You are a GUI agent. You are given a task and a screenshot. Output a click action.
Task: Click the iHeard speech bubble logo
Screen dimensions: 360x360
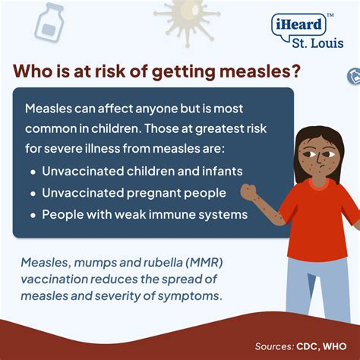point(298,24)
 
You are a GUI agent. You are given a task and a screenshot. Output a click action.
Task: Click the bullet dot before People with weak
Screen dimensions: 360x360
point(32,215)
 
